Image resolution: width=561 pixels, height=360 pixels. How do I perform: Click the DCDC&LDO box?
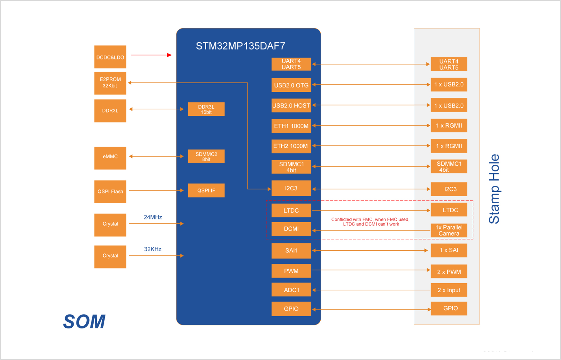(x=110, y=57)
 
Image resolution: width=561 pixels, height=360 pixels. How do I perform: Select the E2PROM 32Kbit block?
(x=110, y=83)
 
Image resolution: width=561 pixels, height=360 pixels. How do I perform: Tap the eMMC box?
(x=110, y=157)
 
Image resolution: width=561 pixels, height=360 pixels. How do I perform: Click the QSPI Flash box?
(x=110, y=191)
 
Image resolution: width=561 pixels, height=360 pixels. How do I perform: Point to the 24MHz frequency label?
(x=153, y=217)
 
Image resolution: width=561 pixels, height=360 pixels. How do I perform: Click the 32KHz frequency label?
(x=153, y=249)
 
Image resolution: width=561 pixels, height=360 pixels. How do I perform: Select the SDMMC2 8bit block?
(x=206, y=157)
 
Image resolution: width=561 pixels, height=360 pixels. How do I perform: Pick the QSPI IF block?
(x=206, y=190)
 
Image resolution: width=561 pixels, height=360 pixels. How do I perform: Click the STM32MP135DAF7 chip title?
(x=240, y=46)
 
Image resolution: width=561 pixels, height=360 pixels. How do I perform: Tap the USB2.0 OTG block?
(x=291, y=85)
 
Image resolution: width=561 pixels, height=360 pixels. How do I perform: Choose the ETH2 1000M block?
(x=291, y=146)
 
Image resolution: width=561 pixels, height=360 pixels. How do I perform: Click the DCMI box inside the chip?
(x=291, y=229)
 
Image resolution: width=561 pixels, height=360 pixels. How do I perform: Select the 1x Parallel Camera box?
(x=449, y=231)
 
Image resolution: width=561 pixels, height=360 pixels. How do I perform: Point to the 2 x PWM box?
(x=449, y=272)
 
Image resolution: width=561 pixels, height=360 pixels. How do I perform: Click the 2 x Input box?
(x=449, y=290)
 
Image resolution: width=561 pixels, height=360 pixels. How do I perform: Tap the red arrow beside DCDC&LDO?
(x=151, y=55)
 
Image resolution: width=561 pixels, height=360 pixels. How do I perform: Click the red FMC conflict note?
(x=370, y=222)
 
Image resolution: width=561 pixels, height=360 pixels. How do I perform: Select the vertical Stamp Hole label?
(x=494, y=189)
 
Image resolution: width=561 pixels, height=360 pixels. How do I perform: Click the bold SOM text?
(x=84, y=322)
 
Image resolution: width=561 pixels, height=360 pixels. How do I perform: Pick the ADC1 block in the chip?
(x=291, y=290)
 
